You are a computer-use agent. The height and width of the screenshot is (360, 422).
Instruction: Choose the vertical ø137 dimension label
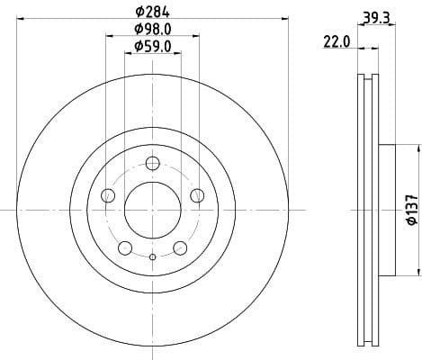tap(410, 209)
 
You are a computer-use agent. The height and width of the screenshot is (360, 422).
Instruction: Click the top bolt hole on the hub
tap(153, 163)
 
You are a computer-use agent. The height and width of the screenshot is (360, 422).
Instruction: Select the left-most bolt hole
tap(109, 195)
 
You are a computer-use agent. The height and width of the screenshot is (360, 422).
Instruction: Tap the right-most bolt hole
tap(197, 195)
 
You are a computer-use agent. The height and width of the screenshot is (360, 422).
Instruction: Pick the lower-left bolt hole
tap(126, 247)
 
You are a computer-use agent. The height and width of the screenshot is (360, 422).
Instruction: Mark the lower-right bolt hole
tap(180, 247)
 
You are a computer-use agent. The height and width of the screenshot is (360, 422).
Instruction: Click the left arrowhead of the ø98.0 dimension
tap(109, 37)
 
